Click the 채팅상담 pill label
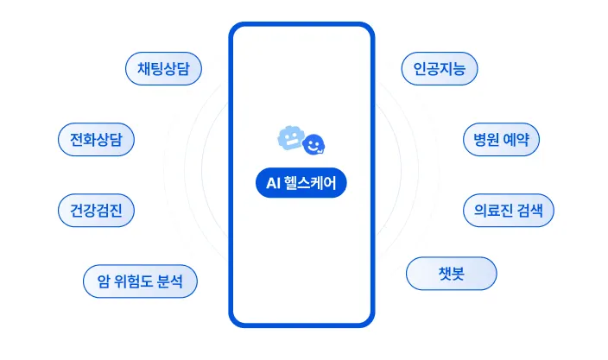coord(163,69)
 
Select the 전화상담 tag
coord(96,139)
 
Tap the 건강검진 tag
coord(96,210)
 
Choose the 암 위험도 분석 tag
coord(141,281)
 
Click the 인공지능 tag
coord(440,69)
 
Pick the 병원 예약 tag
coord(502,139)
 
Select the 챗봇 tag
coord(452,274)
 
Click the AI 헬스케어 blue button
coord(301,183)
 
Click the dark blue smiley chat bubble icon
coord(317,143)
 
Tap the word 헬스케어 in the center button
coord(309,183)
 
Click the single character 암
coord(103,281)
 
